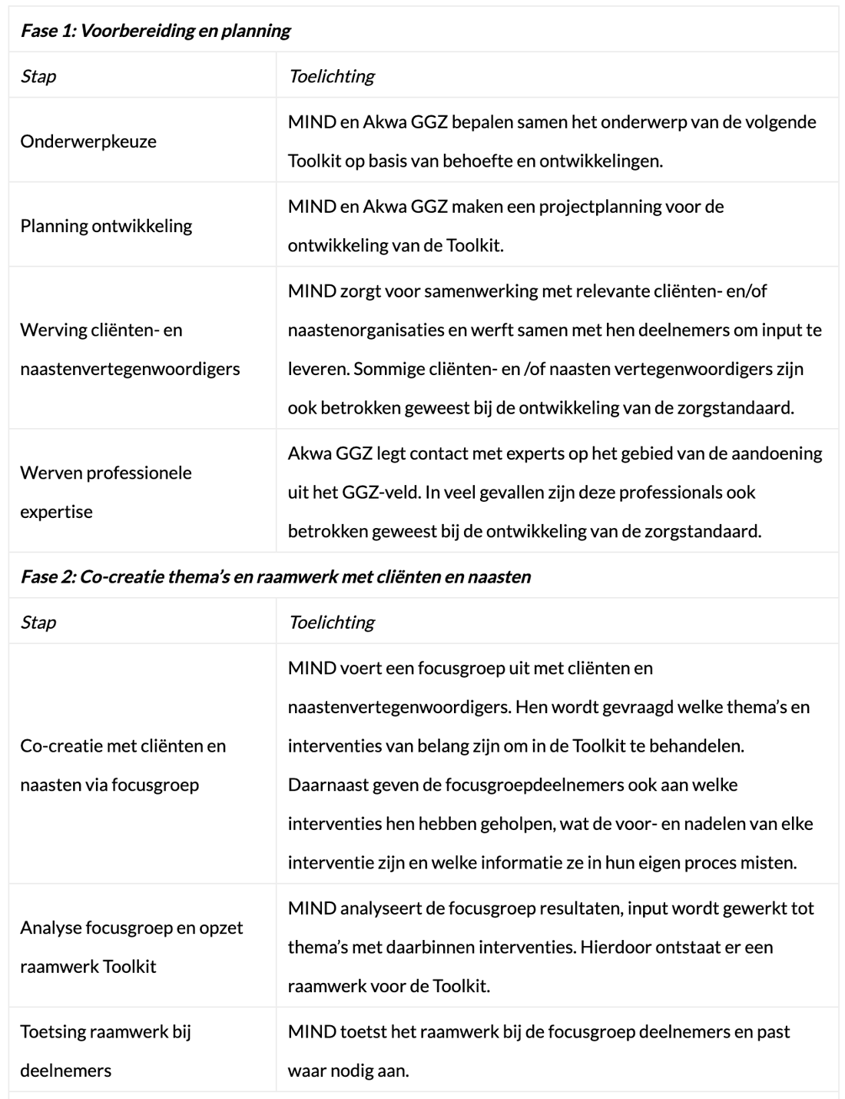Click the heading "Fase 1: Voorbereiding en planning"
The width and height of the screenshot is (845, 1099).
pos(155,31)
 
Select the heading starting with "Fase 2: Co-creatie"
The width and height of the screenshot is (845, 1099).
pos(275,576)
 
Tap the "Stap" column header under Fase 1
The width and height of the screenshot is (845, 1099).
pos(38,76)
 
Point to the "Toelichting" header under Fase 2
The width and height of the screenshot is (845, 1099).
pos(331,622)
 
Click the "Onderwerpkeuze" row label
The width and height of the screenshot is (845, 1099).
pos(88,141)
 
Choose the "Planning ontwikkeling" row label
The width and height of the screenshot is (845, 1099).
pos(106,226)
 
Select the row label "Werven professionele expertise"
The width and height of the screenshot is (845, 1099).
pos(106,492)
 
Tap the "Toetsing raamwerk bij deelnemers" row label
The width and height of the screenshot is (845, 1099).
pos(105,1051)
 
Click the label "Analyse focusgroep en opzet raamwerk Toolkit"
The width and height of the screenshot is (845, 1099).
pos(131,947)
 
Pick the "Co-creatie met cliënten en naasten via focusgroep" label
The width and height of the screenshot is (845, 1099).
pos(123,765)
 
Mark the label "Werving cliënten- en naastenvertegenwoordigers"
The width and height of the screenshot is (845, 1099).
pos(130,349)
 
